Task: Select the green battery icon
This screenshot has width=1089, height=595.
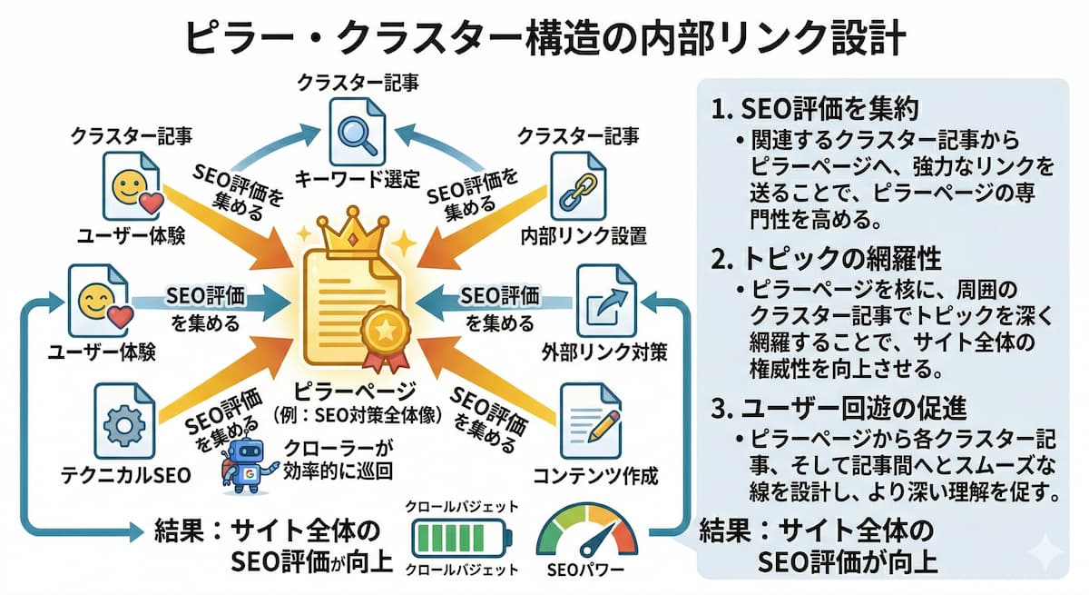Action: click(x=460, y=539)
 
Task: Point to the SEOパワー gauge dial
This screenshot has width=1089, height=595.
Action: click(x=585, y=536)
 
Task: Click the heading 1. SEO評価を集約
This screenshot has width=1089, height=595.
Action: click(x=817, y=110)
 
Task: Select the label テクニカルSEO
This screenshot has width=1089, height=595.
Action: click(x=124, y=474)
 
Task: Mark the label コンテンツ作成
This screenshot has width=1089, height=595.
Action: click(x=595, y=475)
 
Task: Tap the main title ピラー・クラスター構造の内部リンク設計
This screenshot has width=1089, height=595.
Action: click(x=544, y=38)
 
